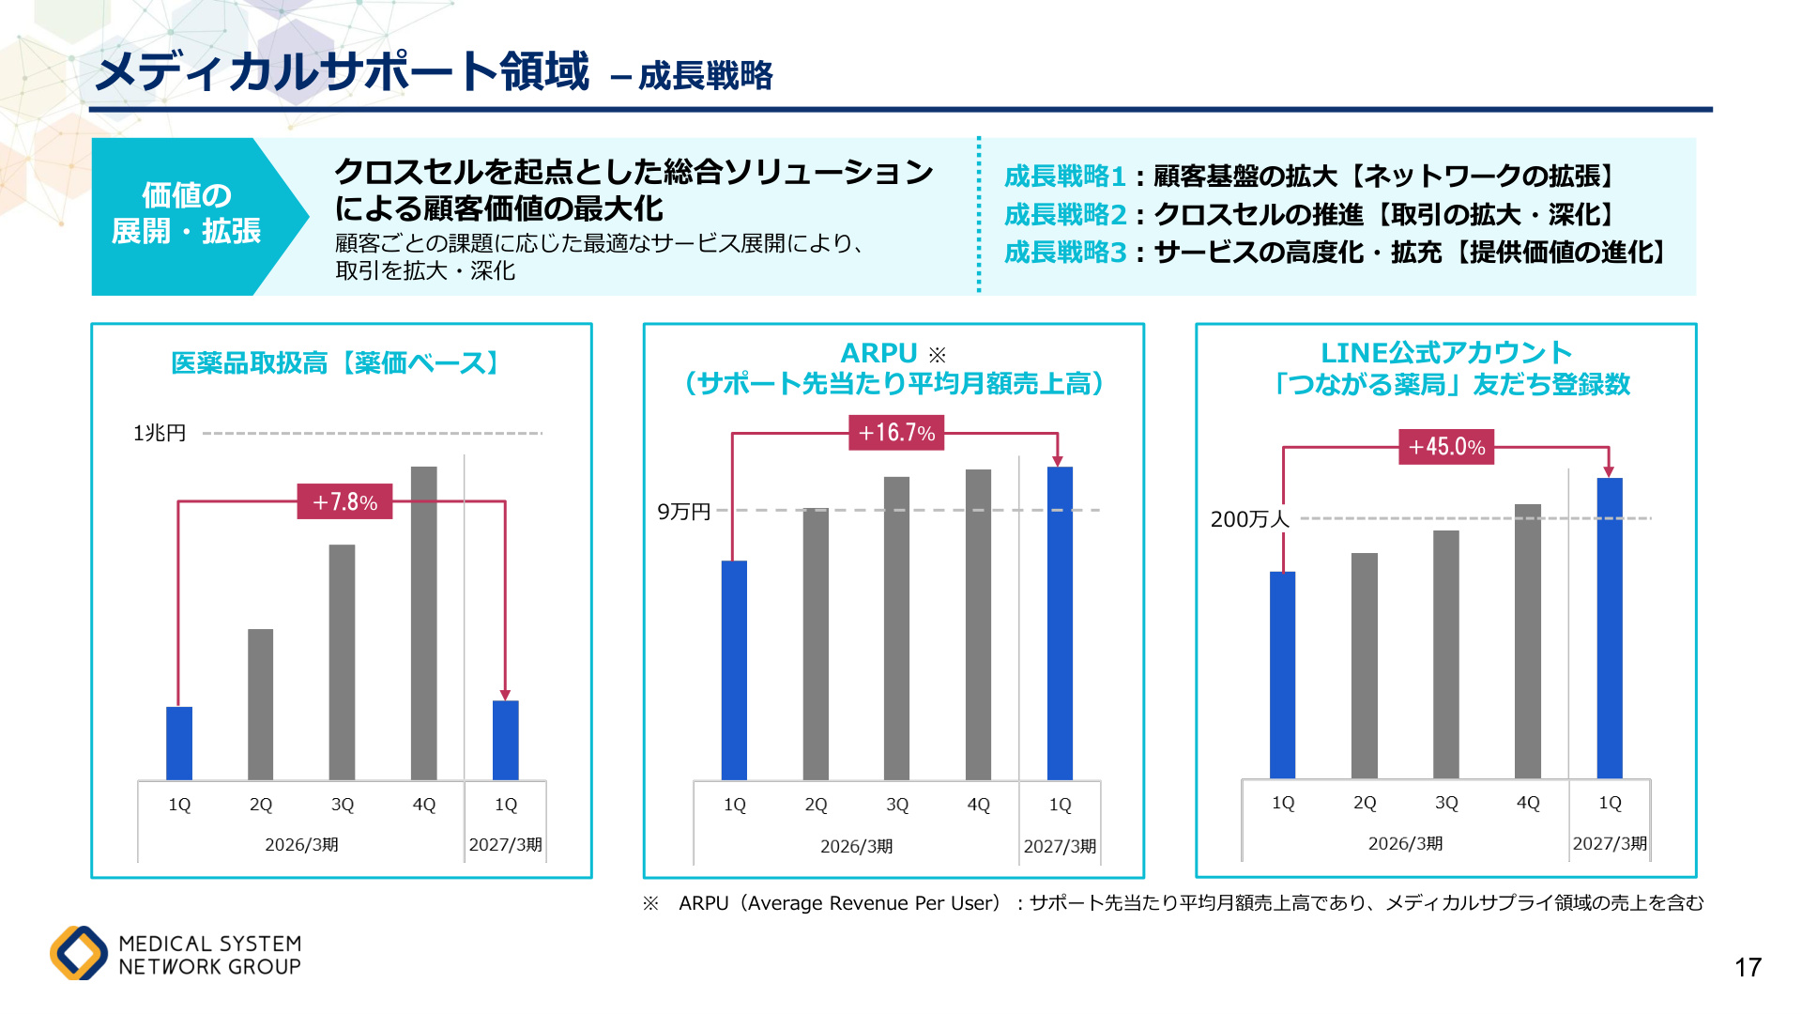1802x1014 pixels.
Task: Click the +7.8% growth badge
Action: pyautogui.click(x=344, y=501)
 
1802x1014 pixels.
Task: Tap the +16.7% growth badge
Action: pyautogui.click(x=896, y=433)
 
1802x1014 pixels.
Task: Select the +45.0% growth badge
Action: pyautogui.click(x=1446, y=447)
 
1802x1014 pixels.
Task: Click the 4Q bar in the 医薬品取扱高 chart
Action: pyautogui.click(x=424, y=623)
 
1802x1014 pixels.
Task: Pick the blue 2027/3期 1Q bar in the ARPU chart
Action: pyautogui.click(x=1060, y=623)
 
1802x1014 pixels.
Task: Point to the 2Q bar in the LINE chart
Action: pyautogui.click(x=1365, y=666)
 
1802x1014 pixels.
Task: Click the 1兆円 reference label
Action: pyautogui.click(x=160, y=433)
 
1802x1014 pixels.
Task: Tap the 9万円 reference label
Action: pyautogui.click(x=683, y=512)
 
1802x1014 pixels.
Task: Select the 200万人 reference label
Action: pyautogui.click(x=1250, y=519)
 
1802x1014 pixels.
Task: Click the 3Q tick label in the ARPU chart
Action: pyautogui.click(x=897, y=805)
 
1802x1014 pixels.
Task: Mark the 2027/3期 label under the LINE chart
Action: pyautogui.click(x=1610, y=843)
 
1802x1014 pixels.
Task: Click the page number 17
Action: pyautogui.click(x=1748, y=967)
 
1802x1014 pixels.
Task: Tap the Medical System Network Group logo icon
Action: pyautogui.click(x=79, y=953)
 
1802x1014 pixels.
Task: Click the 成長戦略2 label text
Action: pyautogui.click(x=1065, y=214)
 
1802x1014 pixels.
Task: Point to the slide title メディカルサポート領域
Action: pyautogui.click(x=343, y=71)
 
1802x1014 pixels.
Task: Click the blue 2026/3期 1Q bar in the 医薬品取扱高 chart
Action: pyautogui.click(x=179, y=744)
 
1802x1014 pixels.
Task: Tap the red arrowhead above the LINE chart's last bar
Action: pyautogui.click(x=1609, y=471)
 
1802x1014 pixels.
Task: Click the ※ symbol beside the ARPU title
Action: pyautogui.click(x=937, y=355)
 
